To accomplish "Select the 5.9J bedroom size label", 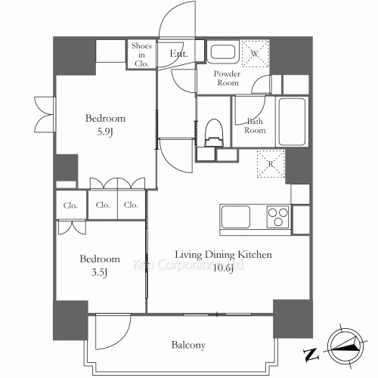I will point(105,132).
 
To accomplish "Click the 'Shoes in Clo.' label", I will point(141,54).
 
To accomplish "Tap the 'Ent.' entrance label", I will point(178,53).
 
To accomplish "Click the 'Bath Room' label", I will point(254,125).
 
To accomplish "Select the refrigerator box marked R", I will point(270,164).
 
